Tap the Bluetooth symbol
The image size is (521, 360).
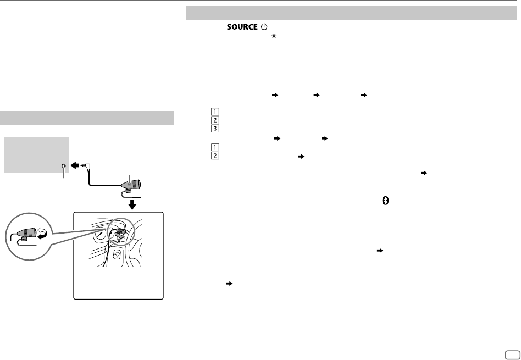click(386, 201)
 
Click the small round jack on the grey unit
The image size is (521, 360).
click(64, 165)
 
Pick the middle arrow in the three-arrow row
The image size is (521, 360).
click(315, 95)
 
